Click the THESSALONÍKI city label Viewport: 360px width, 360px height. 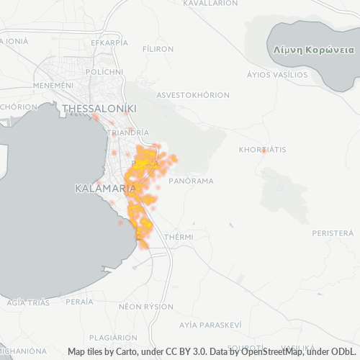(99, 109)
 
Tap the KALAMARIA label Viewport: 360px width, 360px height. (106, 188)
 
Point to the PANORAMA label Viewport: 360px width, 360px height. (191, 181)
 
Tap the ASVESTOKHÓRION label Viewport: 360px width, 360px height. (193, 95)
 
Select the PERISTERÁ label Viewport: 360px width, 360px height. (333, 233)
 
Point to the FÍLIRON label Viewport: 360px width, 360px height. (158, 49)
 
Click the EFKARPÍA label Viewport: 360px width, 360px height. (109, 42)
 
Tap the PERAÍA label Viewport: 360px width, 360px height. (78, 302)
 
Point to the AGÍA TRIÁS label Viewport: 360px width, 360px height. (28, 302)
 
